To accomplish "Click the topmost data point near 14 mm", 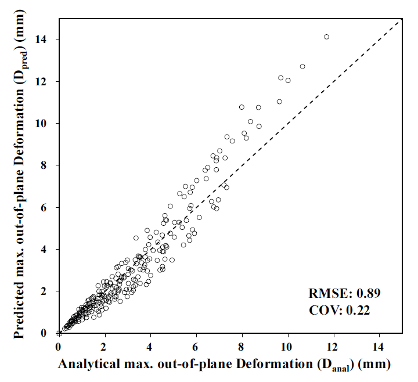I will point(326,37).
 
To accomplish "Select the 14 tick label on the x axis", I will point(379,347).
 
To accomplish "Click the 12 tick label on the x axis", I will point(333,347).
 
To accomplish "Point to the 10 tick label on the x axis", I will point(287,347).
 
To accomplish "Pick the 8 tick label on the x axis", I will point(242,347).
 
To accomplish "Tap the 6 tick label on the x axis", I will point(196,347).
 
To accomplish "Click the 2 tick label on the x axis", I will point(105,347).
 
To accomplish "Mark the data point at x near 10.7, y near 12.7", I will point(302,66).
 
